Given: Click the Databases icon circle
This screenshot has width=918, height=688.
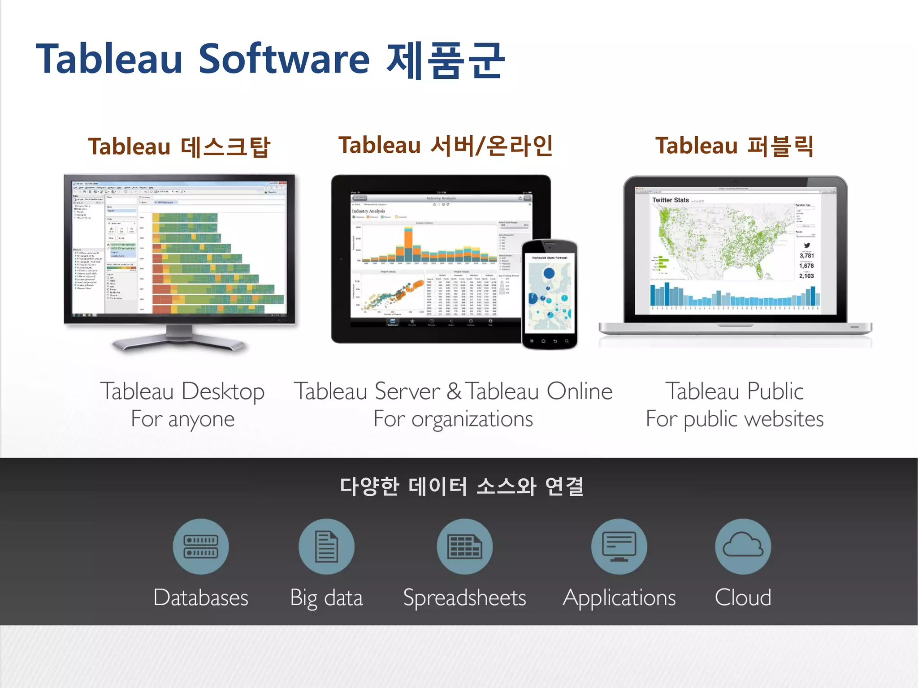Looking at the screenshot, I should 201,546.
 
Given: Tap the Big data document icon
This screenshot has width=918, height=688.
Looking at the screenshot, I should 326,546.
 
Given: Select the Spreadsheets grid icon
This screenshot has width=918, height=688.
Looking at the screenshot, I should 465,546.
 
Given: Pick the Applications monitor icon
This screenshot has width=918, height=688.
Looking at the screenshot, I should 619,546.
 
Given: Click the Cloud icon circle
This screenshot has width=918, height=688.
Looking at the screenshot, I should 743,546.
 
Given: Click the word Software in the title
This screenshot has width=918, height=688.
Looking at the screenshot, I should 284,59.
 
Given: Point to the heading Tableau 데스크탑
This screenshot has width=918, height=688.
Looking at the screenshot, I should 179,146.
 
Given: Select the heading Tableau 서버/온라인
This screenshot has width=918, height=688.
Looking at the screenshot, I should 446,145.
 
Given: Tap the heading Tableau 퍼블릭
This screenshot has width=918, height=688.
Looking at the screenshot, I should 734,146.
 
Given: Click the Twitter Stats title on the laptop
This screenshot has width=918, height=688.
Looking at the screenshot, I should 670,200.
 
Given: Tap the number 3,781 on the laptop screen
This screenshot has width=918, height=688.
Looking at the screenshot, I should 806,256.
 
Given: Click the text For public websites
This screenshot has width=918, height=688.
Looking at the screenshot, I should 735,419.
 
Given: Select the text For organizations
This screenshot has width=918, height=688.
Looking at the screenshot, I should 453,419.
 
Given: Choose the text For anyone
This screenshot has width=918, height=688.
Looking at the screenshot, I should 182,419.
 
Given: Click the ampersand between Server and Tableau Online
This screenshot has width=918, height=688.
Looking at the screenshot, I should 454,391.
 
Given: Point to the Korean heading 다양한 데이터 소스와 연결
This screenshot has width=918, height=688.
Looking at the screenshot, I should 462,486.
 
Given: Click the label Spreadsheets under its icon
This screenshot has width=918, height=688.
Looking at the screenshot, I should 464,598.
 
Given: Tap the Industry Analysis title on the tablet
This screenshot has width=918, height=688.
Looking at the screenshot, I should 368,211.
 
